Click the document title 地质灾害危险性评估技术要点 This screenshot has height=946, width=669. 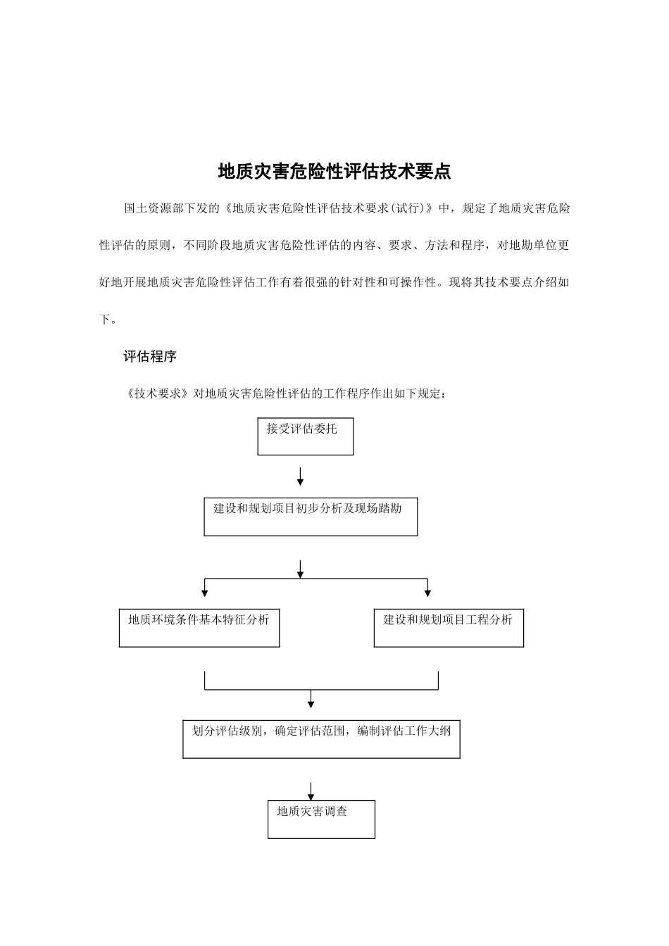[x=334, y=172]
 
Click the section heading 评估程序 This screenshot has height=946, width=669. [x=150, y=357]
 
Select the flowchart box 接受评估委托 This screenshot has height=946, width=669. [x=305, y=436]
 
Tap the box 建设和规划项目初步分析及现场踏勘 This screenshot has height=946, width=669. [x=311, y=517]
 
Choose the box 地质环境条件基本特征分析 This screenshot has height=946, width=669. [x=199, y=628]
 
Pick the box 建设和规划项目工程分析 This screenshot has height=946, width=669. [x=449, y=628]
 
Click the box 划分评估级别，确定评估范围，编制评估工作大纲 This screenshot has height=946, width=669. [x=321, y=738]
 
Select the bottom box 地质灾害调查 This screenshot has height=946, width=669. [x=321, y=819]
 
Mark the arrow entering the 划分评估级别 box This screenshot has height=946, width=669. [x=311, y=702]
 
